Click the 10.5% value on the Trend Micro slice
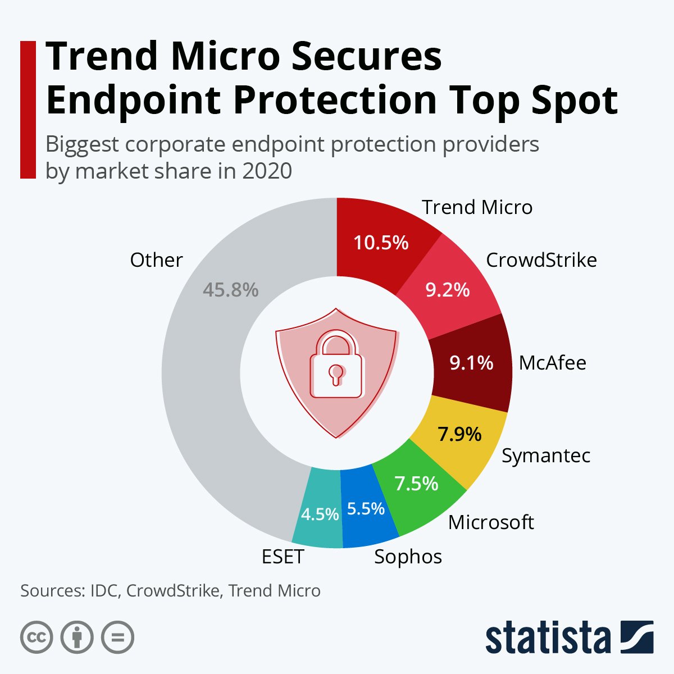[x=381, y=243]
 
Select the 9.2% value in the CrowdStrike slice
[x=447, y=290]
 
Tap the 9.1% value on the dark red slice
[x=471, y=363]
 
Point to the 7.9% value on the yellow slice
[x=459, y=434]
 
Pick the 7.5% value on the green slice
[x=416, y=483]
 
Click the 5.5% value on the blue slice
[x=366, y=509]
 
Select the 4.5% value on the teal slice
[x=320, y=514]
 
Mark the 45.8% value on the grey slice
[x=230, y=290]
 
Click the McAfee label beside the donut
[x=552, y=363]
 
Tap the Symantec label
[x=545, y=456]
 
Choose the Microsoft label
[x=491, y=522]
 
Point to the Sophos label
[x=408, y=557]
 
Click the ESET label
[x=283, y=557]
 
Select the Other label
[x=156, y=260]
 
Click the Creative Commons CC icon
[x=37, y=637]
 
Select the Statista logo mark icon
[x=636, y=637]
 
